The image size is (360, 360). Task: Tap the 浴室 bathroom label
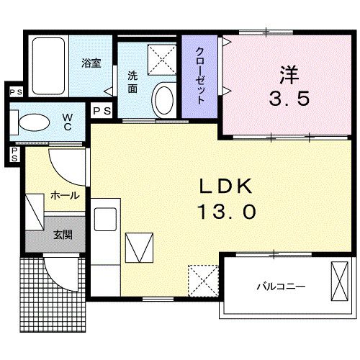click(91, 62)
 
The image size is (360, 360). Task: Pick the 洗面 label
click(133, 82)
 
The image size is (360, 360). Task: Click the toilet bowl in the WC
click(32, 122)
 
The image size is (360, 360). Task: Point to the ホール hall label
click(65, 195)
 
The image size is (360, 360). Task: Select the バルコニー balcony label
click(282, 286)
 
